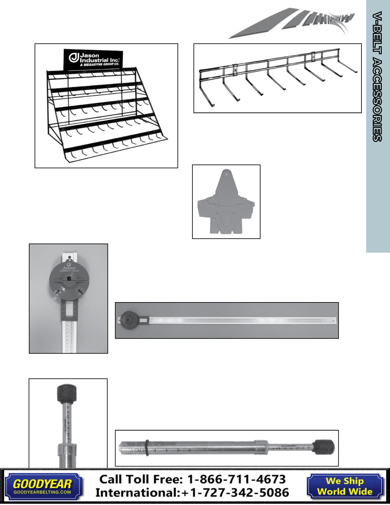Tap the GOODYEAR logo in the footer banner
point(43,484)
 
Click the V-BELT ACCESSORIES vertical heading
point(377,76)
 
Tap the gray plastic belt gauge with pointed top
point(226,203)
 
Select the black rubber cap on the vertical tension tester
point(66,393)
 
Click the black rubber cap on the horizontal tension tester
point(324,447)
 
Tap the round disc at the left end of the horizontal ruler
point(129,320)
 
